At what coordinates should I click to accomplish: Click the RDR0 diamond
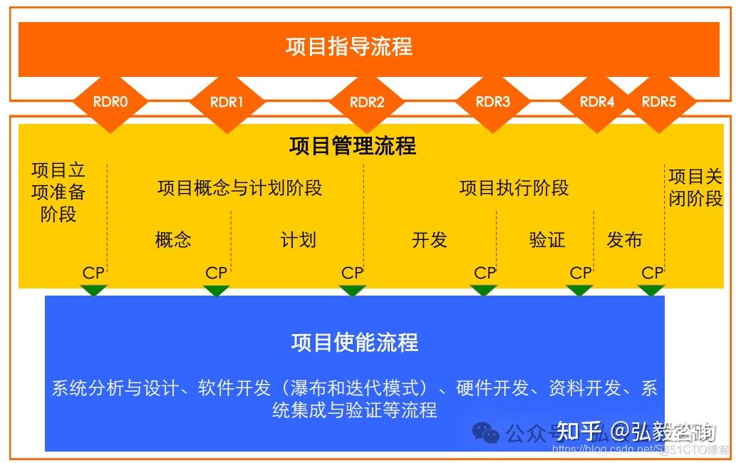(110, 102)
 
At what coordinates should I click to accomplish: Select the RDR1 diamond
(227, 102)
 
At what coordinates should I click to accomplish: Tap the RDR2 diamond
(367, 102)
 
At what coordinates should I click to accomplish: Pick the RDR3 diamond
(493, 102)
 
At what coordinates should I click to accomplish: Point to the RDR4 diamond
(597, 102)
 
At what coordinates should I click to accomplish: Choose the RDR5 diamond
(658, 102)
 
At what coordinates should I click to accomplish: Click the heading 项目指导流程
(349, 47)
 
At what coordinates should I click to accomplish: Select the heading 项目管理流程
(353, 146)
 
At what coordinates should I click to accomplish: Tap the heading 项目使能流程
(355, 343)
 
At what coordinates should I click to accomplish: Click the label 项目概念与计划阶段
(239, 188)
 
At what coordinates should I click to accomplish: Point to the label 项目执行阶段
(514, 188)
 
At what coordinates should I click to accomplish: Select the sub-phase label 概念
(173, 239)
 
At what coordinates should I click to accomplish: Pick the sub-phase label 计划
(298, 239)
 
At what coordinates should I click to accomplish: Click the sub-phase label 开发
(429, 239)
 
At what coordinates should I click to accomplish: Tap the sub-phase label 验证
(547, 239)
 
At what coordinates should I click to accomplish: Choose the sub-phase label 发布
(624, 239)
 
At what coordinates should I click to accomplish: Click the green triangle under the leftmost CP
(93, 290)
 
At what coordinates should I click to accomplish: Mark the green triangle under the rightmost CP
(651, 290)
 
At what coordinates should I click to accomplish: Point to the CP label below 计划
(352, 273)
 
